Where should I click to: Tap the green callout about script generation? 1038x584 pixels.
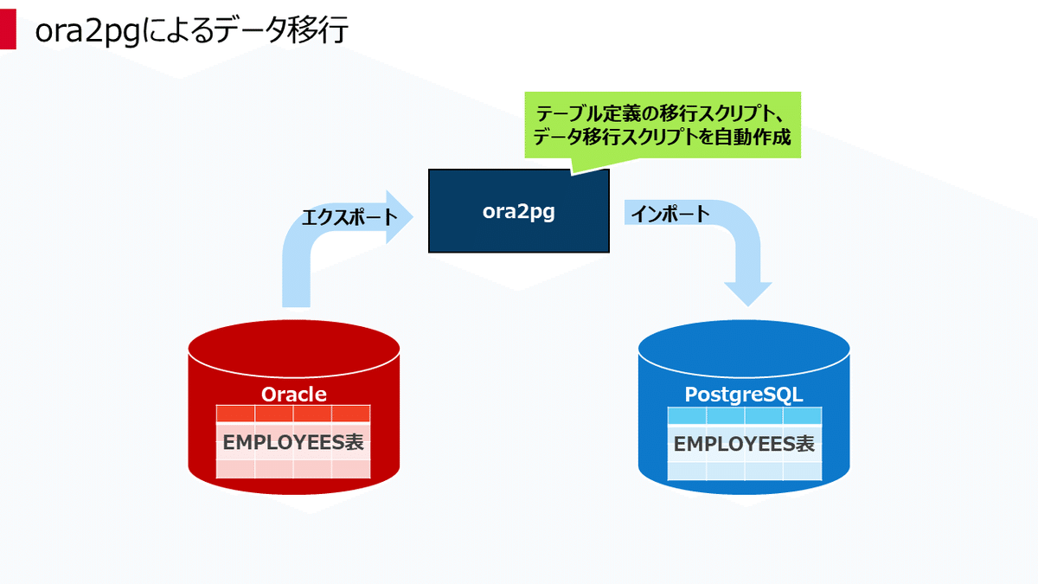click(x=663, y=125)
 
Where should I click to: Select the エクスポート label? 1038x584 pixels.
click(x=349, y=216)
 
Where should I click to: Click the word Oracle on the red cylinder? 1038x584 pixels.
click(x=294, y=395)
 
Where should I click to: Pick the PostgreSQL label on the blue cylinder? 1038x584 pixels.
click(x=744, y=395)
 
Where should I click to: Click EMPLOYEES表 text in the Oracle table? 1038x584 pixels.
click(x=293, y=442)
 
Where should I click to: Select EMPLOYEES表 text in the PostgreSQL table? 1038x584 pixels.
click(x=744, y=445)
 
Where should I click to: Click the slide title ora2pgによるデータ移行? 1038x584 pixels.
click(x=190, y=31)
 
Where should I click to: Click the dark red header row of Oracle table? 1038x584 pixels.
click(x=293, y=414)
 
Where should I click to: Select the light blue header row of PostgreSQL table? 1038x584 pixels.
click(x=744, y=415)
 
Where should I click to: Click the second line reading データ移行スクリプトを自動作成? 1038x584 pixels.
click(x=663, y=138)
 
